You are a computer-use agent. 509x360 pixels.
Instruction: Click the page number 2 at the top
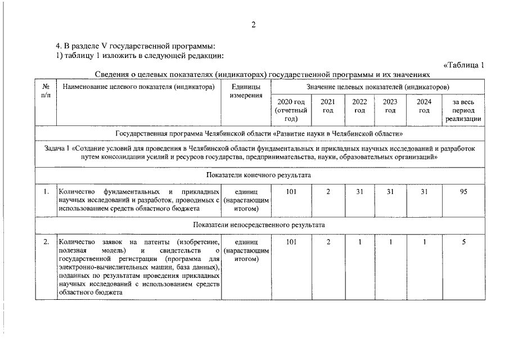coord(254,25)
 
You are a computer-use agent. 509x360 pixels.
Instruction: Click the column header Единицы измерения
coord(246,91)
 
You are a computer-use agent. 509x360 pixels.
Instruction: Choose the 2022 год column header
coord(359,106)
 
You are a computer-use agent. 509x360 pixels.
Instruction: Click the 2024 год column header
coord(424,106)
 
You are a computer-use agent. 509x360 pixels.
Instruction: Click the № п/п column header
coord(46,91)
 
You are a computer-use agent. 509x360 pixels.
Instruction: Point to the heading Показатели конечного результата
coord(259,175)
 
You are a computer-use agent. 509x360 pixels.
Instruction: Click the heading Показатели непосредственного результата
coord(259,225)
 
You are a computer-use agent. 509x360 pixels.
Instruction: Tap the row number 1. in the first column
coord(46,192)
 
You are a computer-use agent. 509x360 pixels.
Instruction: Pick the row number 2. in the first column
coord(46,242)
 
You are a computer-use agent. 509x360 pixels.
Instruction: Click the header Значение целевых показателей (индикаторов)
coord(377,87)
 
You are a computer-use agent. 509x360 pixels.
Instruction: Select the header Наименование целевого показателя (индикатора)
coord(139,87)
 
